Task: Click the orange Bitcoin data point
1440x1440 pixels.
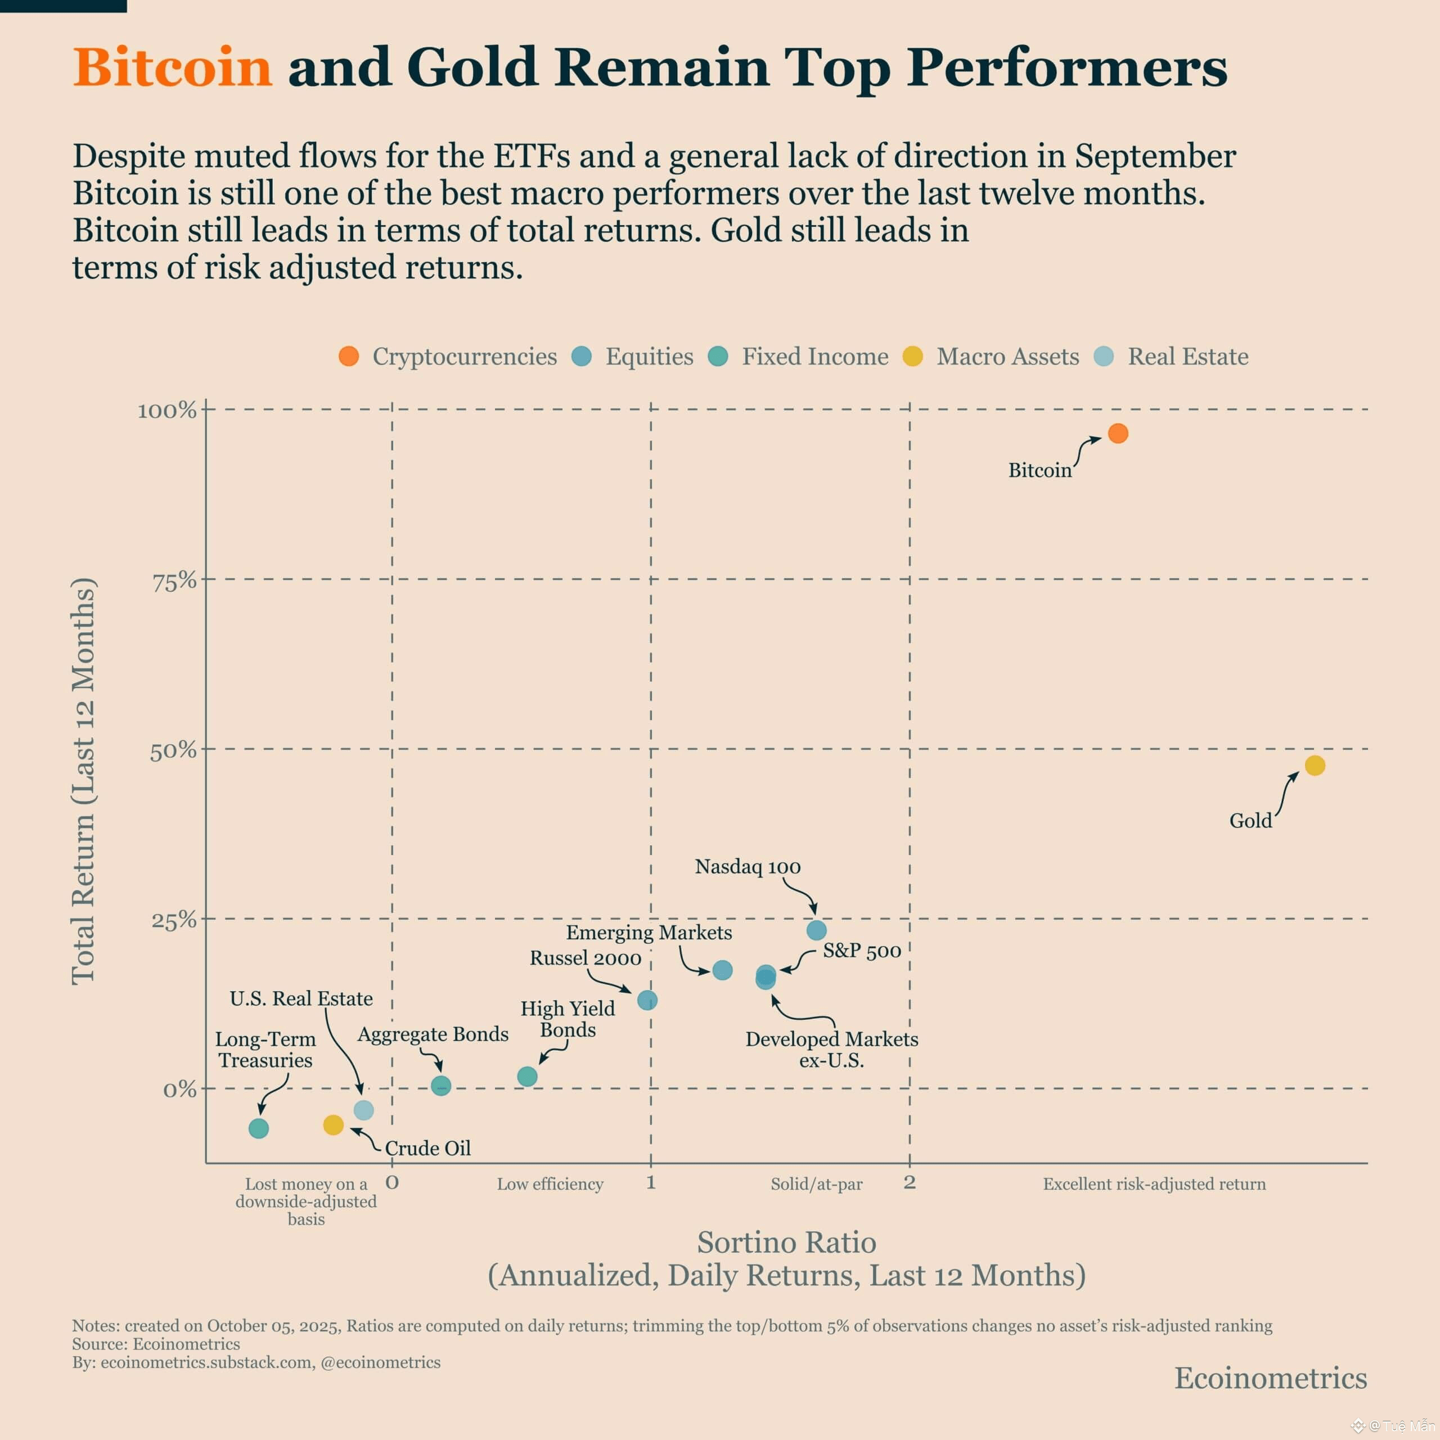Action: pos(1118,433)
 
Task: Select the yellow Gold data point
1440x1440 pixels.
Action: pos(1315,766)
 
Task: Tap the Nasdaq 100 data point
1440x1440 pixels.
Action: pos(817,930)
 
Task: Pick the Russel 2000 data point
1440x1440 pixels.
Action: pos(647,1000)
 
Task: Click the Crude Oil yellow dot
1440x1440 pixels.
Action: pos(333,1125)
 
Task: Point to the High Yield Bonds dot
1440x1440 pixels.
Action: pos(527,1076)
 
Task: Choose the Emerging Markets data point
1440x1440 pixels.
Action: pos(722,970)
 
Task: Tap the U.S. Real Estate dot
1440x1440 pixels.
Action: pos(363,1110)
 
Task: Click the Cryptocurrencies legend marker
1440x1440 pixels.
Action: pos(349,356)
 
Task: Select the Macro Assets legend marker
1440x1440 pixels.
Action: pos(913,356)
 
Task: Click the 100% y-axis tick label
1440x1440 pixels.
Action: pos(167,411)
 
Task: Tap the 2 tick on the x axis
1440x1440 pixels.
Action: pos(910,1182)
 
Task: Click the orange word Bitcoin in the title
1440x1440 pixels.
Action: pos(173,67)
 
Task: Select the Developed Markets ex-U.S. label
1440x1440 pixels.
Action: pos(832,1050)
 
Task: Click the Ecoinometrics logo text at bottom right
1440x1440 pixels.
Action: pos(1271,1378)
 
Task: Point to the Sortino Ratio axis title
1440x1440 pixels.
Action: pos(786,1243)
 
